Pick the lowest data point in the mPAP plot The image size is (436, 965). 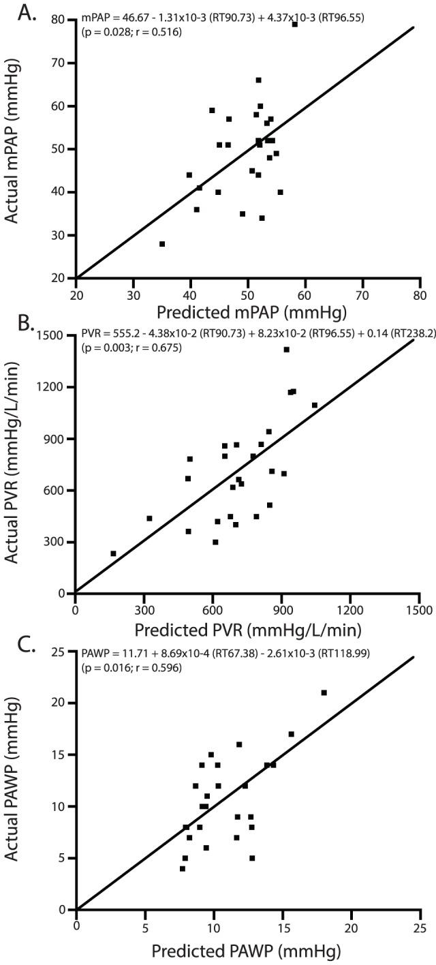(x=162, y=244)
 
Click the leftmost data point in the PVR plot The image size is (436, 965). (x=113, y=553)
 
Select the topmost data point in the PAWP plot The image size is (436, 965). (x=324, y=692)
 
